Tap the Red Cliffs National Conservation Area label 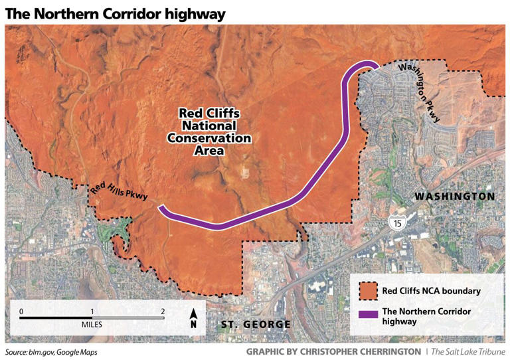(x=209, y=132)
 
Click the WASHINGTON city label (x=454, y=197)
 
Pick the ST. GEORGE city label (x=255, y=324)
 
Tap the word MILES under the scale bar (x=92, y=327)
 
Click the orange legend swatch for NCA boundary (x=367, y=290)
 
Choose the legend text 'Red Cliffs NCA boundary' (x=431, y=290)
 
